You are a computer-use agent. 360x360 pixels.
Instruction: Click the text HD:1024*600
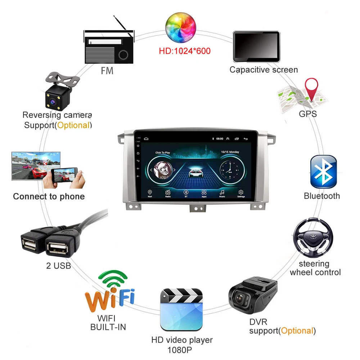(x=185, y=50)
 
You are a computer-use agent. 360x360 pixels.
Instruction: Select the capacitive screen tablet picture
(x=256, y=46)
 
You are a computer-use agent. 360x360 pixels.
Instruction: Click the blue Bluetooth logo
(x=323, y=172)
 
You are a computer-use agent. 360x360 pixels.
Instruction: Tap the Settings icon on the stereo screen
(x=240, y=193)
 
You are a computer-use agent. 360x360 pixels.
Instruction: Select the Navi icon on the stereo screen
(x=150, y=193)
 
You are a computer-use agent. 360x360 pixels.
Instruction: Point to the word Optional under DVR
(x=297, y=330)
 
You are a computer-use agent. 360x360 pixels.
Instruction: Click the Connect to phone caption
(x=49, y=197)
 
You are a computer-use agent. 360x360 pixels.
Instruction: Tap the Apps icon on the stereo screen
(x=204, y=193)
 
